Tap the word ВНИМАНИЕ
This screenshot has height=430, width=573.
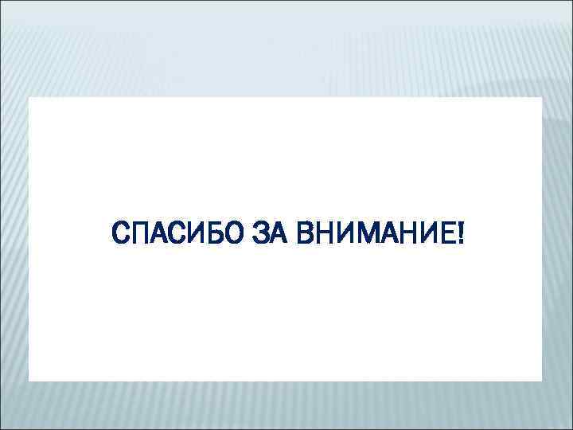[x=372, y=235]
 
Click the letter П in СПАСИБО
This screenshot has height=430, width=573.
[x=141, y=235]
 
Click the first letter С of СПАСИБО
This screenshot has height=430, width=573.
[x=123, y=235]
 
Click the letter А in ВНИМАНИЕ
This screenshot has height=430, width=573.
[x=383, y=235]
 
